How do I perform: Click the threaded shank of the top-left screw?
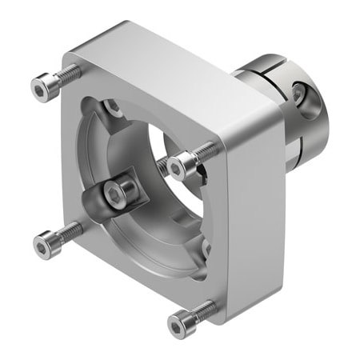click(67, 74)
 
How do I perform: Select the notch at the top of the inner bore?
click(112, 106)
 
